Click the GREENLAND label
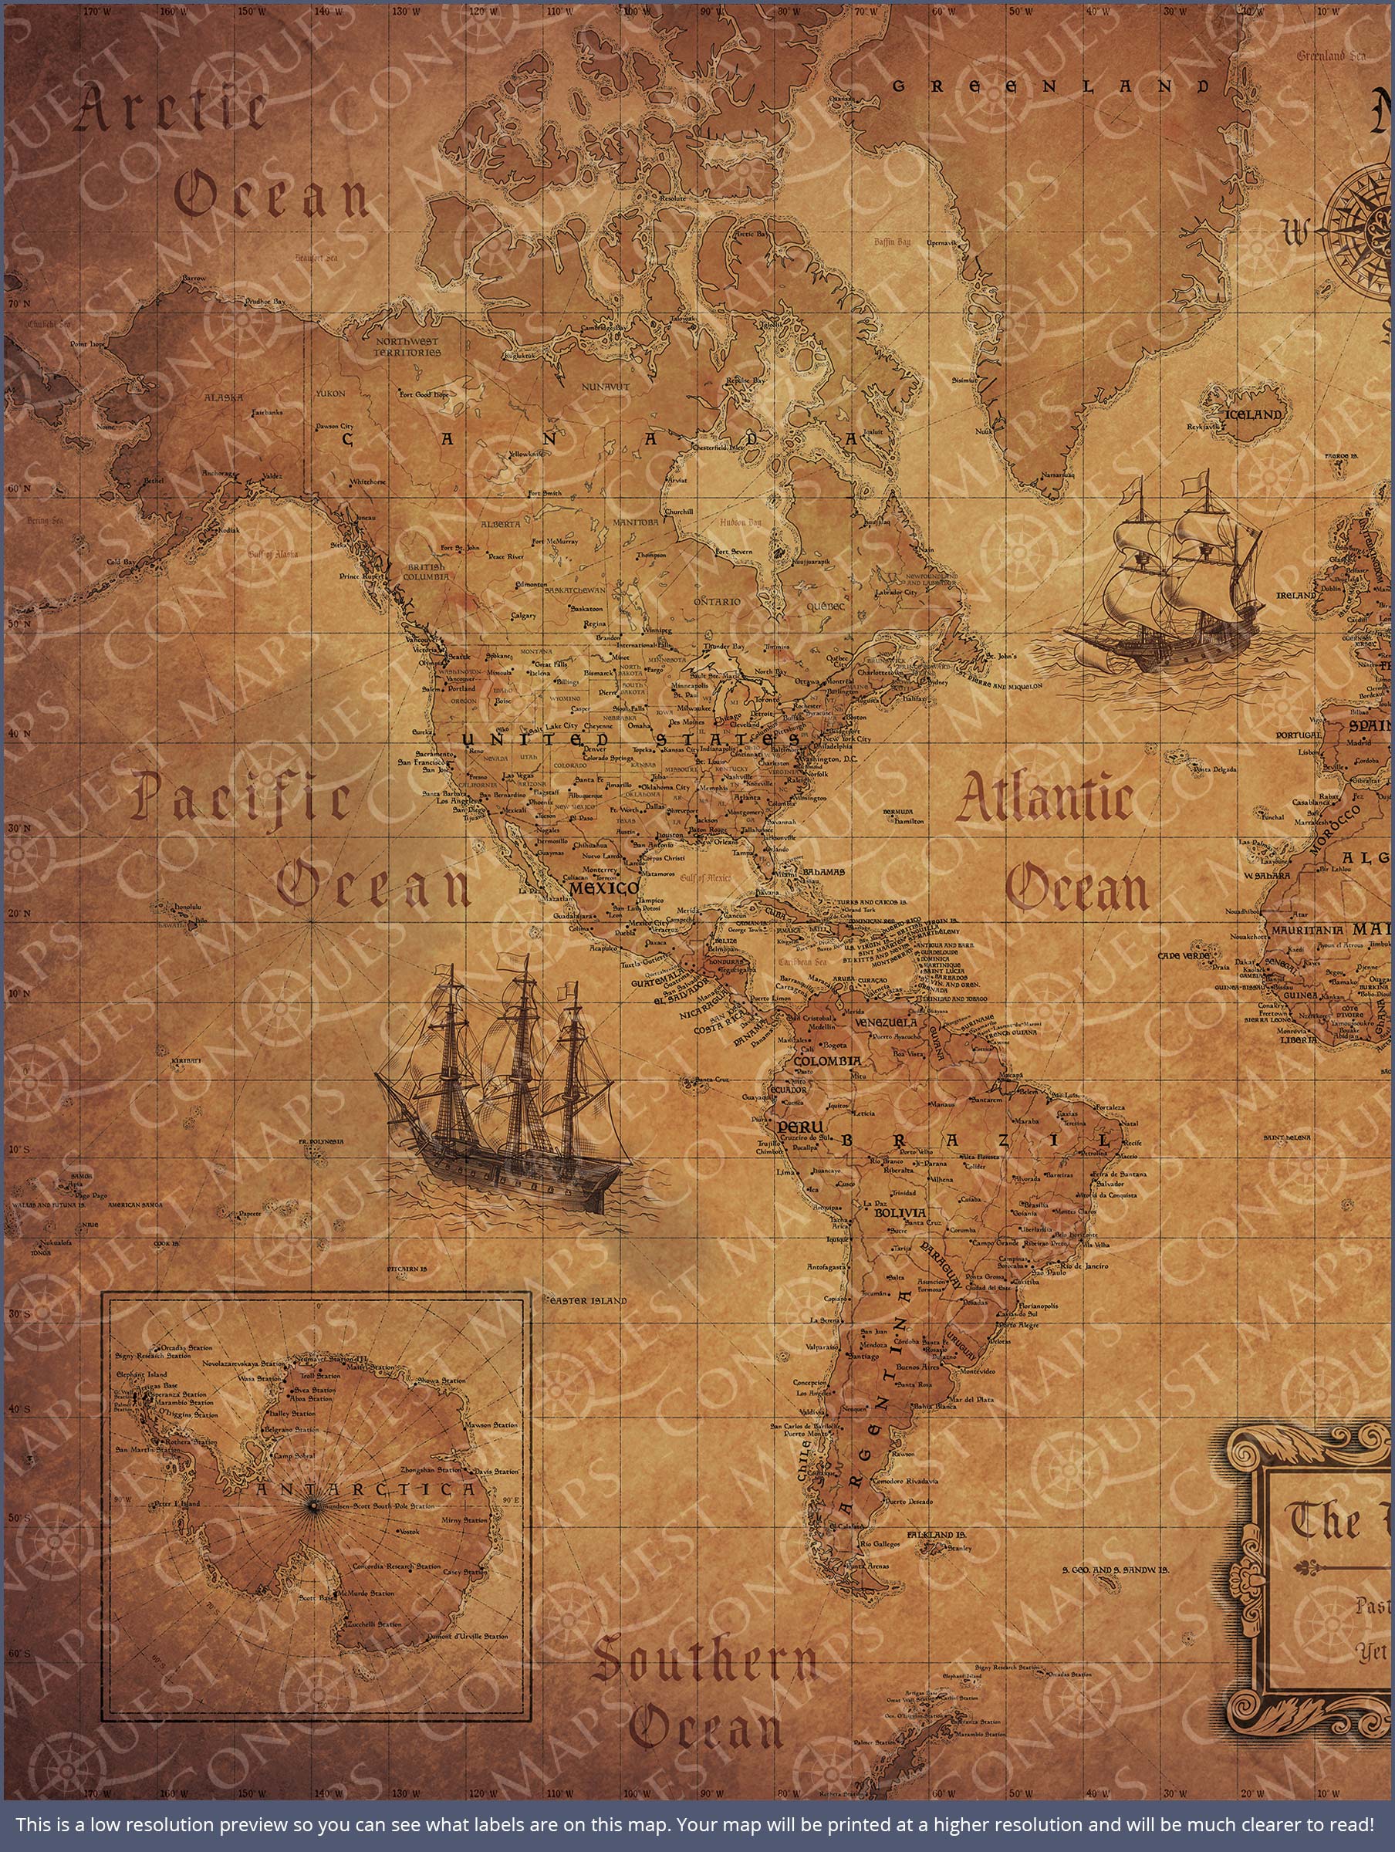1051,86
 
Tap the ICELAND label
1254,414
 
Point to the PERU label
795,1127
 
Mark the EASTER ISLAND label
588,1301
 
